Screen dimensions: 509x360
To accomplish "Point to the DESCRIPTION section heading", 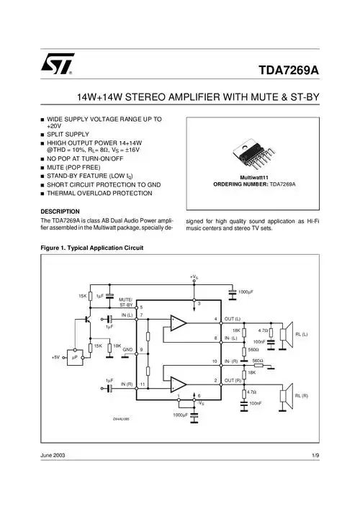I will click(66, 211).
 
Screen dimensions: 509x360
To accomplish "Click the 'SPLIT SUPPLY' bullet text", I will click(68, 135).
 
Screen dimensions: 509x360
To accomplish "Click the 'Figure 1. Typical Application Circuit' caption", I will click(92, 248).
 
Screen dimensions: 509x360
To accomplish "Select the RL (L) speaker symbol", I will click(287, 332).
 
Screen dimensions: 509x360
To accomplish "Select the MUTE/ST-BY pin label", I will click(125, 302).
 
